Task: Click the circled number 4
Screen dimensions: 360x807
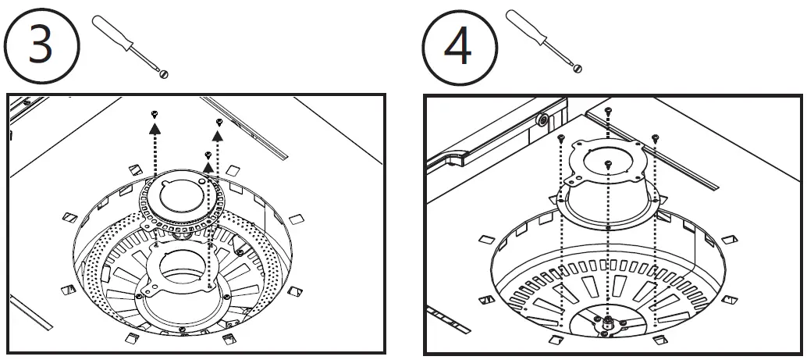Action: tap(459, 47)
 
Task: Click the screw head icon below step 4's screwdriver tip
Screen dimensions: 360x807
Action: tap(578, 70)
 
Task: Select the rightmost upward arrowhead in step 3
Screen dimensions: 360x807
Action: tap(219, 136)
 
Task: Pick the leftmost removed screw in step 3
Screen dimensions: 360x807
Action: tap(155, 114)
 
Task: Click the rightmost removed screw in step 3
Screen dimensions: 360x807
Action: tap(219, 122)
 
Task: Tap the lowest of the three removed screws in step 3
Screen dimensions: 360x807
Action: tap(208, 155)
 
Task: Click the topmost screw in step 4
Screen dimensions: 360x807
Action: tap(607, 111)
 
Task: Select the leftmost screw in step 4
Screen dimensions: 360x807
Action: tap(561, 137)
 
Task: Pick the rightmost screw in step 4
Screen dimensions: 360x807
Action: tap(654, 138)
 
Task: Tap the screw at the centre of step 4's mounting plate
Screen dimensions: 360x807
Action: tap(607, 163)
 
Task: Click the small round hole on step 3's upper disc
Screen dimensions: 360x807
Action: tap(201, 180)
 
